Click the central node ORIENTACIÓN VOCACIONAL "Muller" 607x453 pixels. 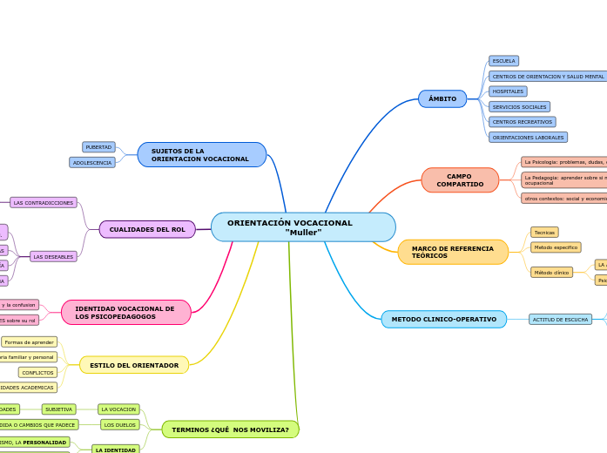[x=303, y=227]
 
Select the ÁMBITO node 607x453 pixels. [x=442, y=99]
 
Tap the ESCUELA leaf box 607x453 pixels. [x=503, y=61]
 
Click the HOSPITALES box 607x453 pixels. [x=508, y=91]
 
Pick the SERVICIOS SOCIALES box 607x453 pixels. [x=519, y=106]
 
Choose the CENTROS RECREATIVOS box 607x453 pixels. [x=522, y=122]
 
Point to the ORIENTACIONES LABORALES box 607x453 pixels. [x=528, y=138]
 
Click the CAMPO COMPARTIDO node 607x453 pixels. [x=460, y=180]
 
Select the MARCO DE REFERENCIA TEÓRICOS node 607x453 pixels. [x=453, y=252]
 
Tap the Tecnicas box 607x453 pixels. [x=544, y=233]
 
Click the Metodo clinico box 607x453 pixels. [x=551, y=273]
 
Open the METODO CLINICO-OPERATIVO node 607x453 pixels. [x=443, y=320]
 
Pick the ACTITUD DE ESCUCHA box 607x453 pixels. [x=560, y=320]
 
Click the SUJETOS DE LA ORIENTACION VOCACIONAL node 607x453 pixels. [x=201, y=155]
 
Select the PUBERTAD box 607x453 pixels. [x=98, y=147]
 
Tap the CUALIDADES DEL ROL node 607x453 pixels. [x=147, y=229]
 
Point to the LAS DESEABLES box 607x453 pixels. [x=53, y=257]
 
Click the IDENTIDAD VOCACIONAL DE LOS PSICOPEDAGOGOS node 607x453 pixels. [x=125, y=313]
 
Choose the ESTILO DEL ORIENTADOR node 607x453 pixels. [x=134, y=365]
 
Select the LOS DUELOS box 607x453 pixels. [x=120, y=425]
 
